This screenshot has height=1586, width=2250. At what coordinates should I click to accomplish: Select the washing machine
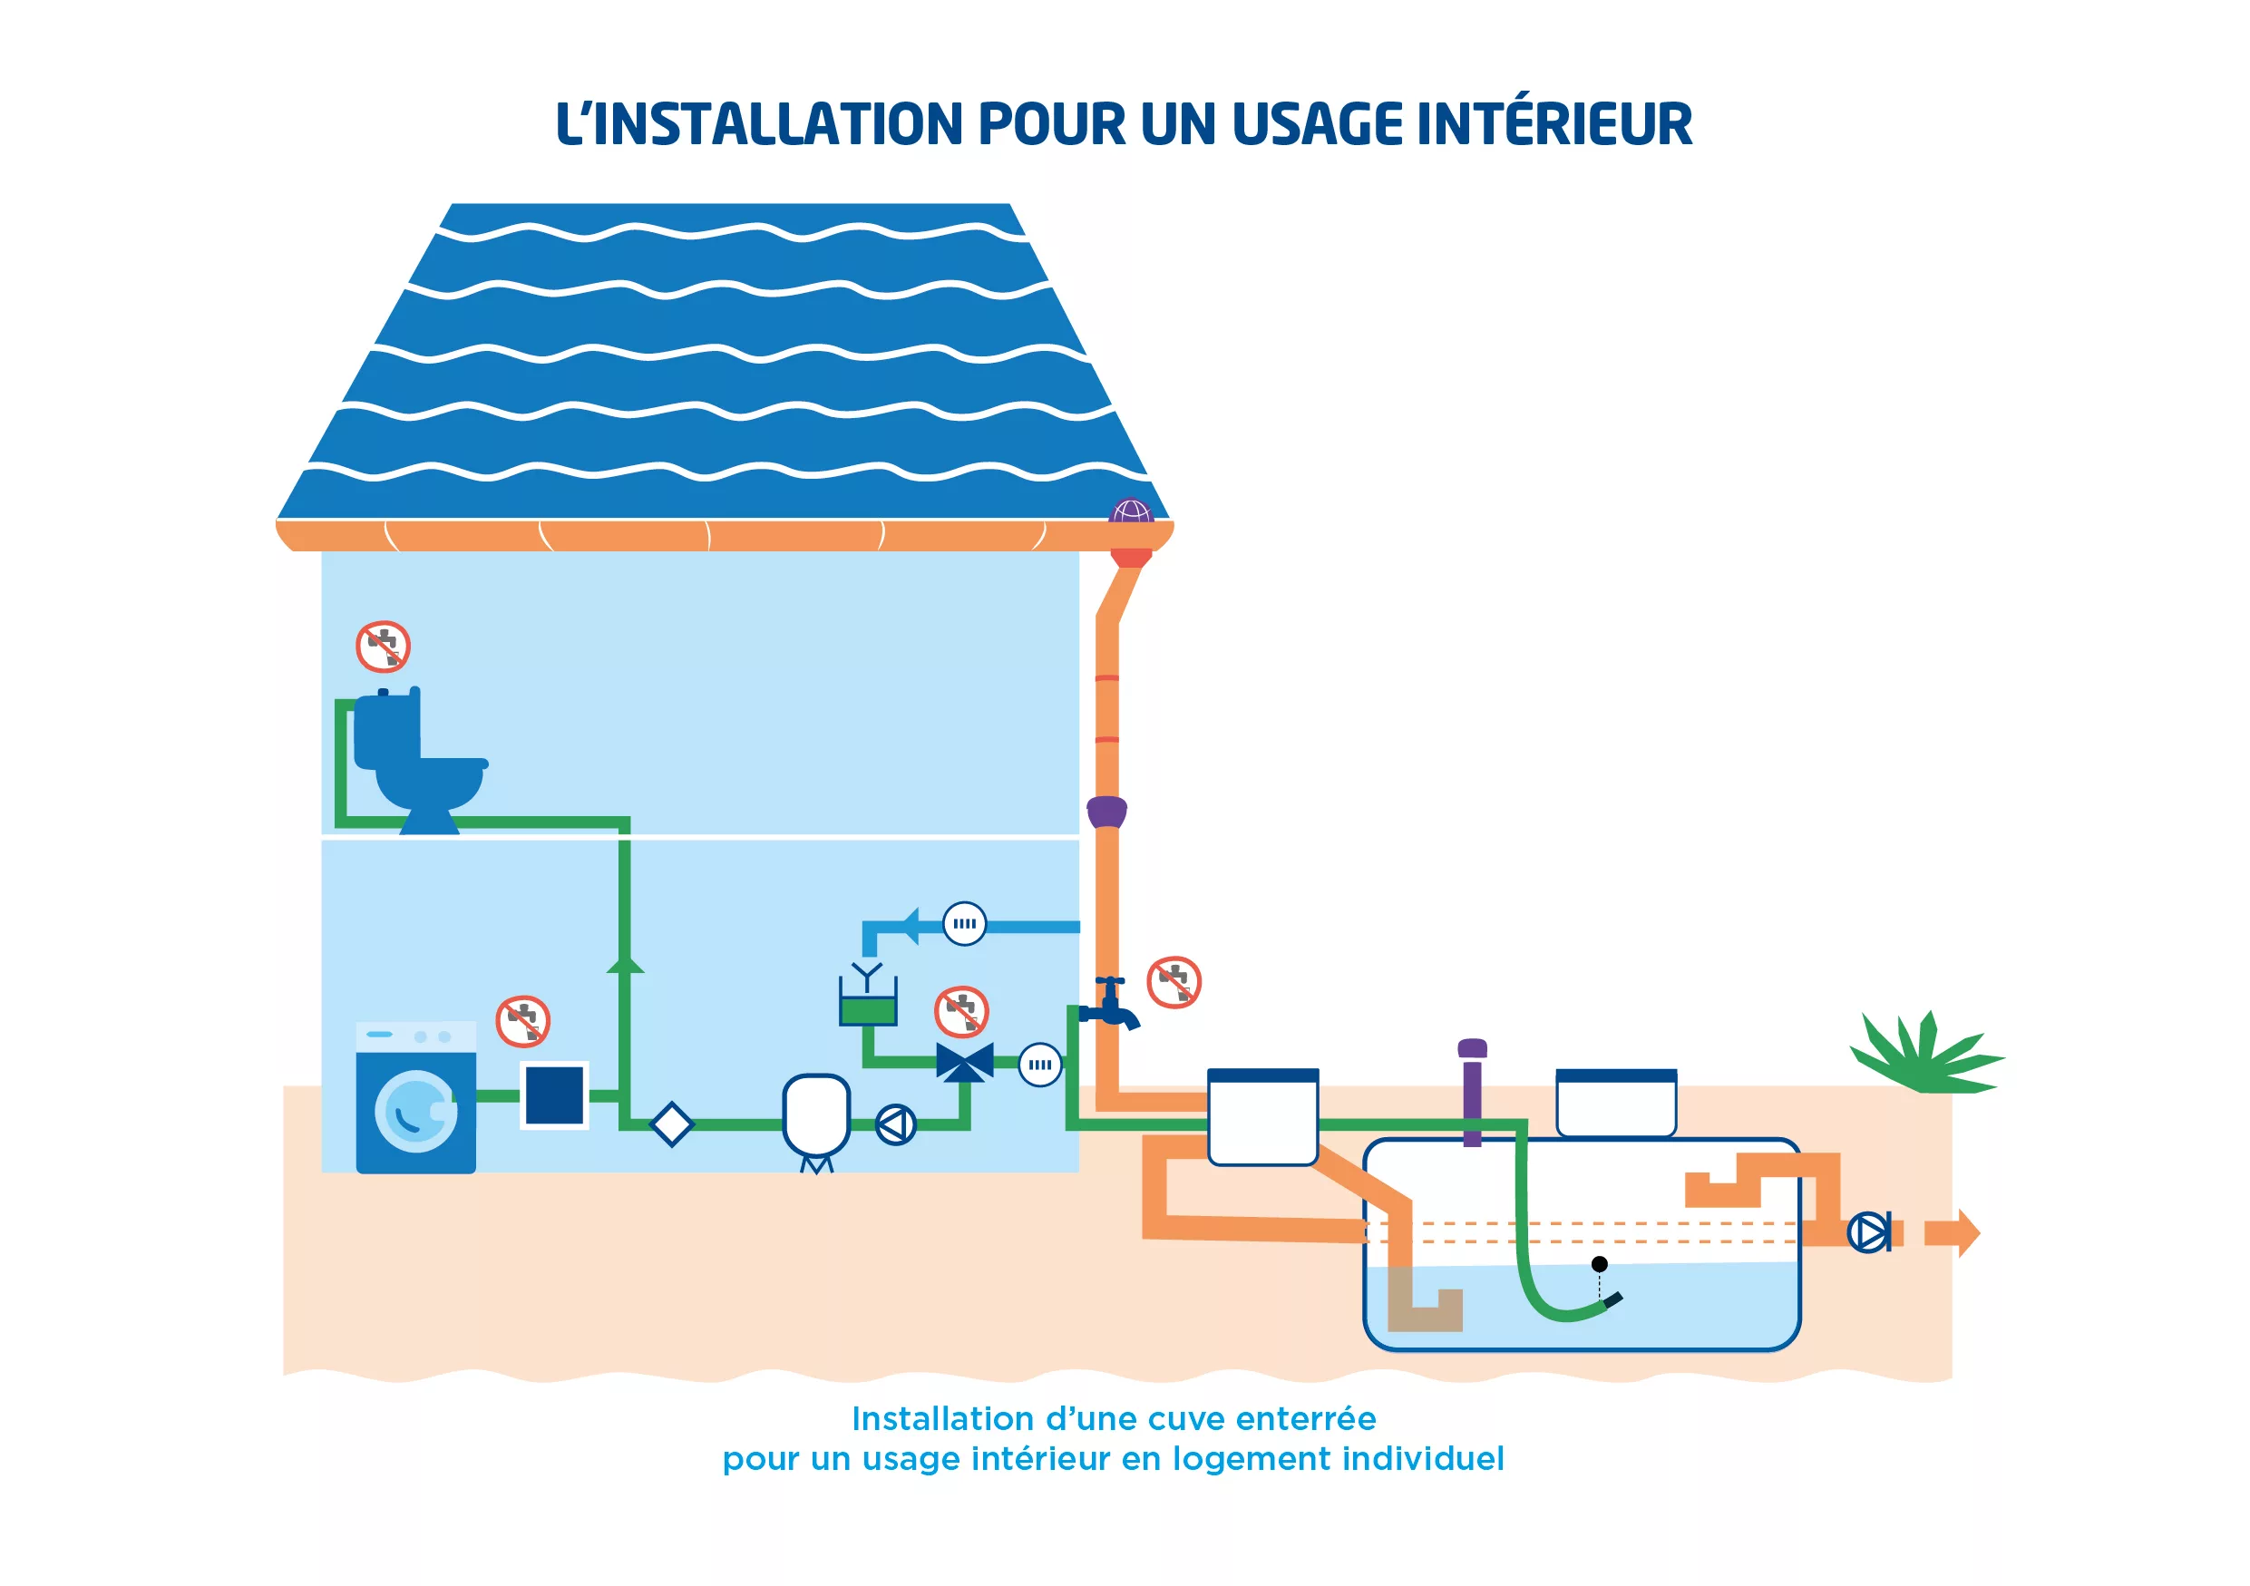click(x=415, y=1097)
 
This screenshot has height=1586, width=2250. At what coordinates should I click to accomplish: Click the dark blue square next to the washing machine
click(x=554, y=1095)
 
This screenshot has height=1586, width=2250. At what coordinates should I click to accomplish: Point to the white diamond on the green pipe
click(x=671, y=1124)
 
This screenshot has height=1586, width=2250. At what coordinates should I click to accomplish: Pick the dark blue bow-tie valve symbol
click(x=965, y=1062)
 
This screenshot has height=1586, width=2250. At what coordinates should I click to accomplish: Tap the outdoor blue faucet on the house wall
click(x=1112, y=1004)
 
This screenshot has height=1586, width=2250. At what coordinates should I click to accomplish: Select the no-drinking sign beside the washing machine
click(x=522, y=1021)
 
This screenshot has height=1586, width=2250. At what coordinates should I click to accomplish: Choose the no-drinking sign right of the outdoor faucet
click(x=1174, y=981)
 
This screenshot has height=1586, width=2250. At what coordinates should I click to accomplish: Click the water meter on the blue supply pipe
click(x=964, y=924)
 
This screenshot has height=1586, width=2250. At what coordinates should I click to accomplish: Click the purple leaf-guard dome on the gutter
click(x=1131, y=511)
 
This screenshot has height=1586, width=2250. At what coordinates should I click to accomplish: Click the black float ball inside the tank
click(x=1599, y=1264)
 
